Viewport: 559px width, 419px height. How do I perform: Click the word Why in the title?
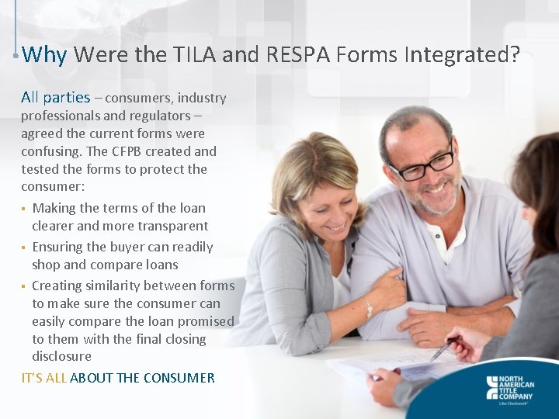[45, 55]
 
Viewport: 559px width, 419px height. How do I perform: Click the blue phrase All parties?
[55, 98]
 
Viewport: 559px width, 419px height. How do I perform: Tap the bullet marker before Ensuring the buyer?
[24, 248]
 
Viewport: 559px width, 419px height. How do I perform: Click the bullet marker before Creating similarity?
[24, 286]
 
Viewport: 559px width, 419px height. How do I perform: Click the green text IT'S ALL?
[43, 378]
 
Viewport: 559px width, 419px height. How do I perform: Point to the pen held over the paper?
[444, 349]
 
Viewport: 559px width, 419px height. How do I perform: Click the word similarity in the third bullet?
[114, 286]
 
